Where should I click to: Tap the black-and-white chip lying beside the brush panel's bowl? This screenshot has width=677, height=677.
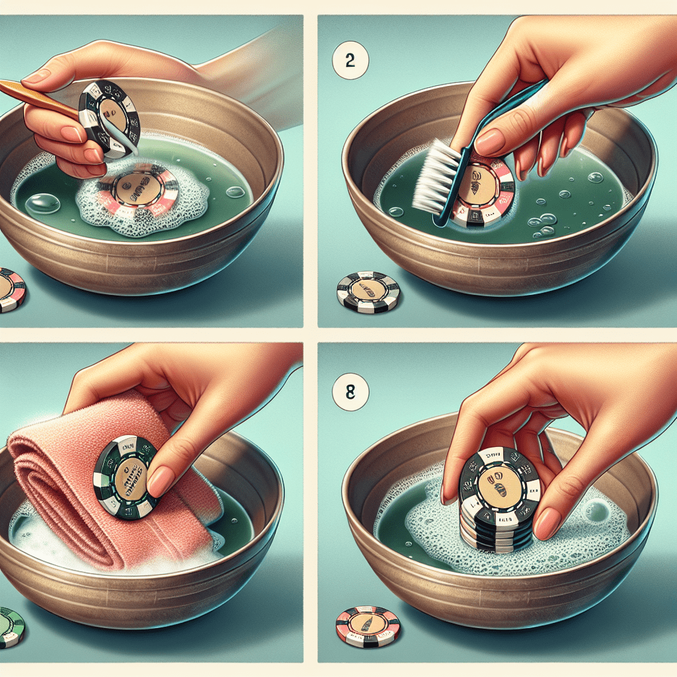tap(368, 291)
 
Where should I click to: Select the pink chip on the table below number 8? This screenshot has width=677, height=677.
tap(368, 627)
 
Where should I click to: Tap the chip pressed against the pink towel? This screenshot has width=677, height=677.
tap(126, 471)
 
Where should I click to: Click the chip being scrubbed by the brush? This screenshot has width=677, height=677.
tap(486, 188)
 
